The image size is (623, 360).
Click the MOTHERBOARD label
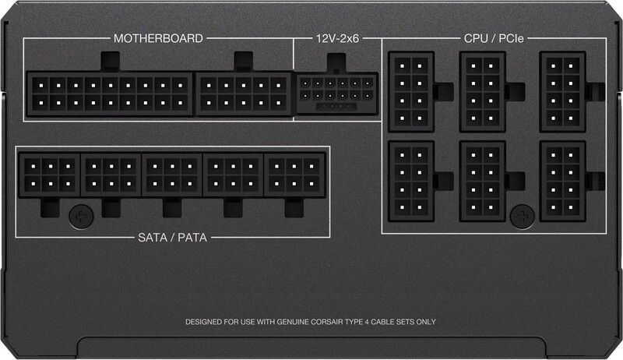(x=158, y=37)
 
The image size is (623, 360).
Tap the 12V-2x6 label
(x=337, y=37)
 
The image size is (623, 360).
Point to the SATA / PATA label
(x=173, y=235)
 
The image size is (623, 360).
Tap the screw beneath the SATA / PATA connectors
(x=79, y=215)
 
